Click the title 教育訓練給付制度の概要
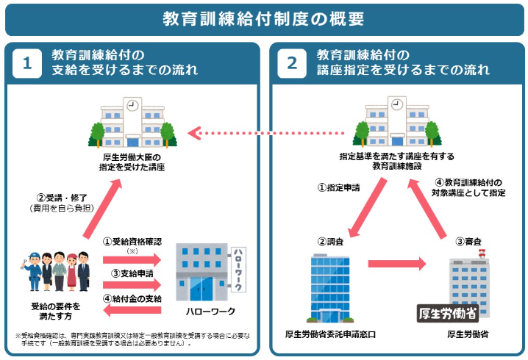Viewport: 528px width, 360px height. point(263,19)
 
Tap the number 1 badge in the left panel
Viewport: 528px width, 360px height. point(27,63)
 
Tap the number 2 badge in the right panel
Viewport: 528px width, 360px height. point(292,63)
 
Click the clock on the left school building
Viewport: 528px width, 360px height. point(132,105)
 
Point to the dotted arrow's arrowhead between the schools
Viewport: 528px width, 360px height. point(194,133)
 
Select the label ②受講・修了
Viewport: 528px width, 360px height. point(62,198)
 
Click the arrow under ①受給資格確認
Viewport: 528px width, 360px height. point(132,260)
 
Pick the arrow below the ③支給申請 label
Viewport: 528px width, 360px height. point(132,285)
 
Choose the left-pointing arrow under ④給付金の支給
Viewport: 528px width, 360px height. point(132,310)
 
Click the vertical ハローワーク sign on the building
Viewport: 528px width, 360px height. point(238,270)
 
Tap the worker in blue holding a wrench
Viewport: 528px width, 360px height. point(32,271)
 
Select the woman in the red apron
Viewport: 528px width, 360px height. point(72,272)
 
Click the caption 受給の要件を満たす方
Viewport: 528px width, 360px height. point(56,312)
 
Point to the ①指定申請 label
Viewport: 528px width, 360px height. point(339,187)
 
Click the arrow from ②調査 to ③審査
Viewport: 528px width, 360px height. point(397,264)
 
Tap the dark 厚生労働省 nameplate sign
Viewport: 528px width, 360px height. point(448,314)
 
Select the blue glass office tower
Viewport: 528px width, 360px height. point(330,289)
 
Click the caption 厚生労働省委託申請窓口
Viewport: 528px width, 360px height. point(330,334)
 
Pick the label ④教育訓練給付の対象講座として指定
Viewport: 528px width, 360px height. point(468,188)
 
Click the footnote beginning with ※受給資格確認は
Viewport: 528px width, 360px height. point(132,339)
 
